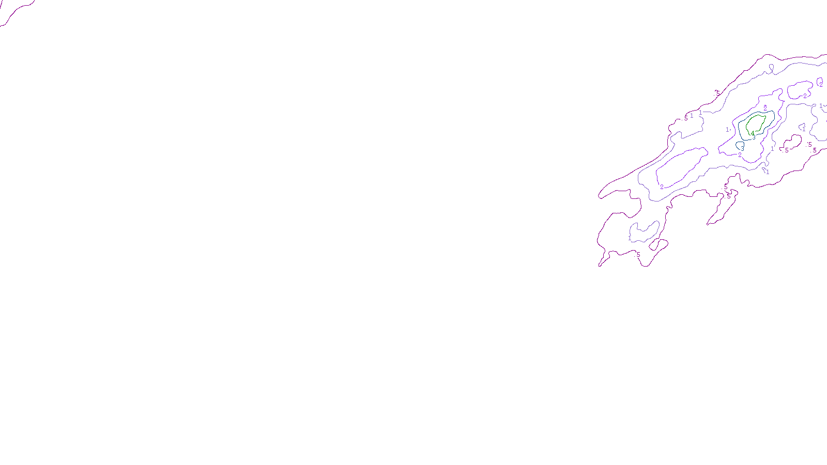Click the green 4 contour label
point(753,133)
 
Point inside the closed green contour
point(756,123)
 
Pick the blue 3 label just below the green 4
point(754,137)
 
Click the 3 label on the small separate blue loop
point(742,149)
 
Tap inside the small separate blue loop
point(740,145)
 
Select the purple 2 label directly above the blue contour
point(765,108)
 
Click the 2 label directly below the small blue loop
point(740,154)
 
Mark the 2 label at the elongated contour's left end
point(662,187)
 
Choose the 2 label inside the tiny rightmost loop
point(821,84)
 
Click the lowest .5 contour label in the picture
point(638,255)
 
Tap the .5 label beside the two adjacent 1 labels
point(686,118)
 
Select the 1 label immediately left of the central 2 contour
point(727,130)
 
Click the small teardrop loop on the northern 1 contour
point(771,68)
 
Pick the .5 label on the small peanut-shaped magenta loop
point(787,150)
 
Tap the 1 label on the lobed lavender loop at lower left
point(630,238)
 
